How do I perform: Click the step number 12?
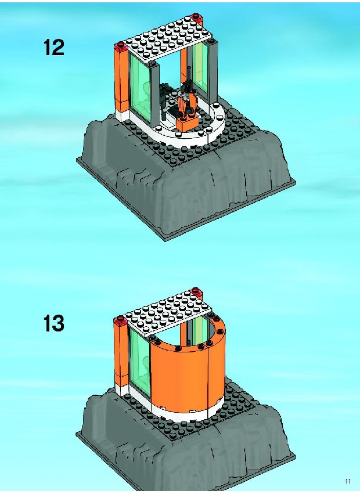point(53,48)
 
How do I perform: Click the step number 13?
point(53,323)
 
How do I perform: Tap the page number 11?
point(348,481)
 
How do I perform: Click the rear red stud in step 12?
point(196,16)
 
